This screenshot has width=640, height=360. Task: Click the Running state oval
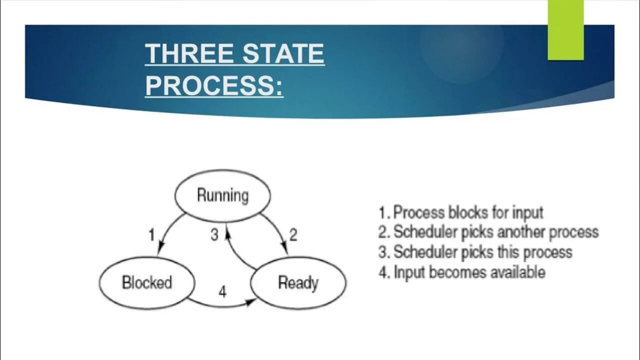222,195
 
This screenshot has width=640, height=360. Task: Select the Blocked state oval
146,282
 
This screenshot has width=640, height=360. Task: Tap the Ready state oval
298,282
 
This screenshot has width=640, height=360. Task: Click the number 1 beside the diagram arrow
152,234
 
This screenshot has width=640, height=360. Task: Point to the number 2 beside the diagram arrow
293,234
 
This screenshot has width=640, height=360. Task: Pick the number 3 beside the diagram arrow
214,234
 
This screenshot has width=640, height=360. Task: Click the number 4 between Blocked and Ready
222,291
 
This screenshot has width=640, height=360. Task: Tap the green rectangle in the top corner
565,30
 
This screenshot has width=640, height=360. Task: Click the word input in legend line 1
527,212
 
